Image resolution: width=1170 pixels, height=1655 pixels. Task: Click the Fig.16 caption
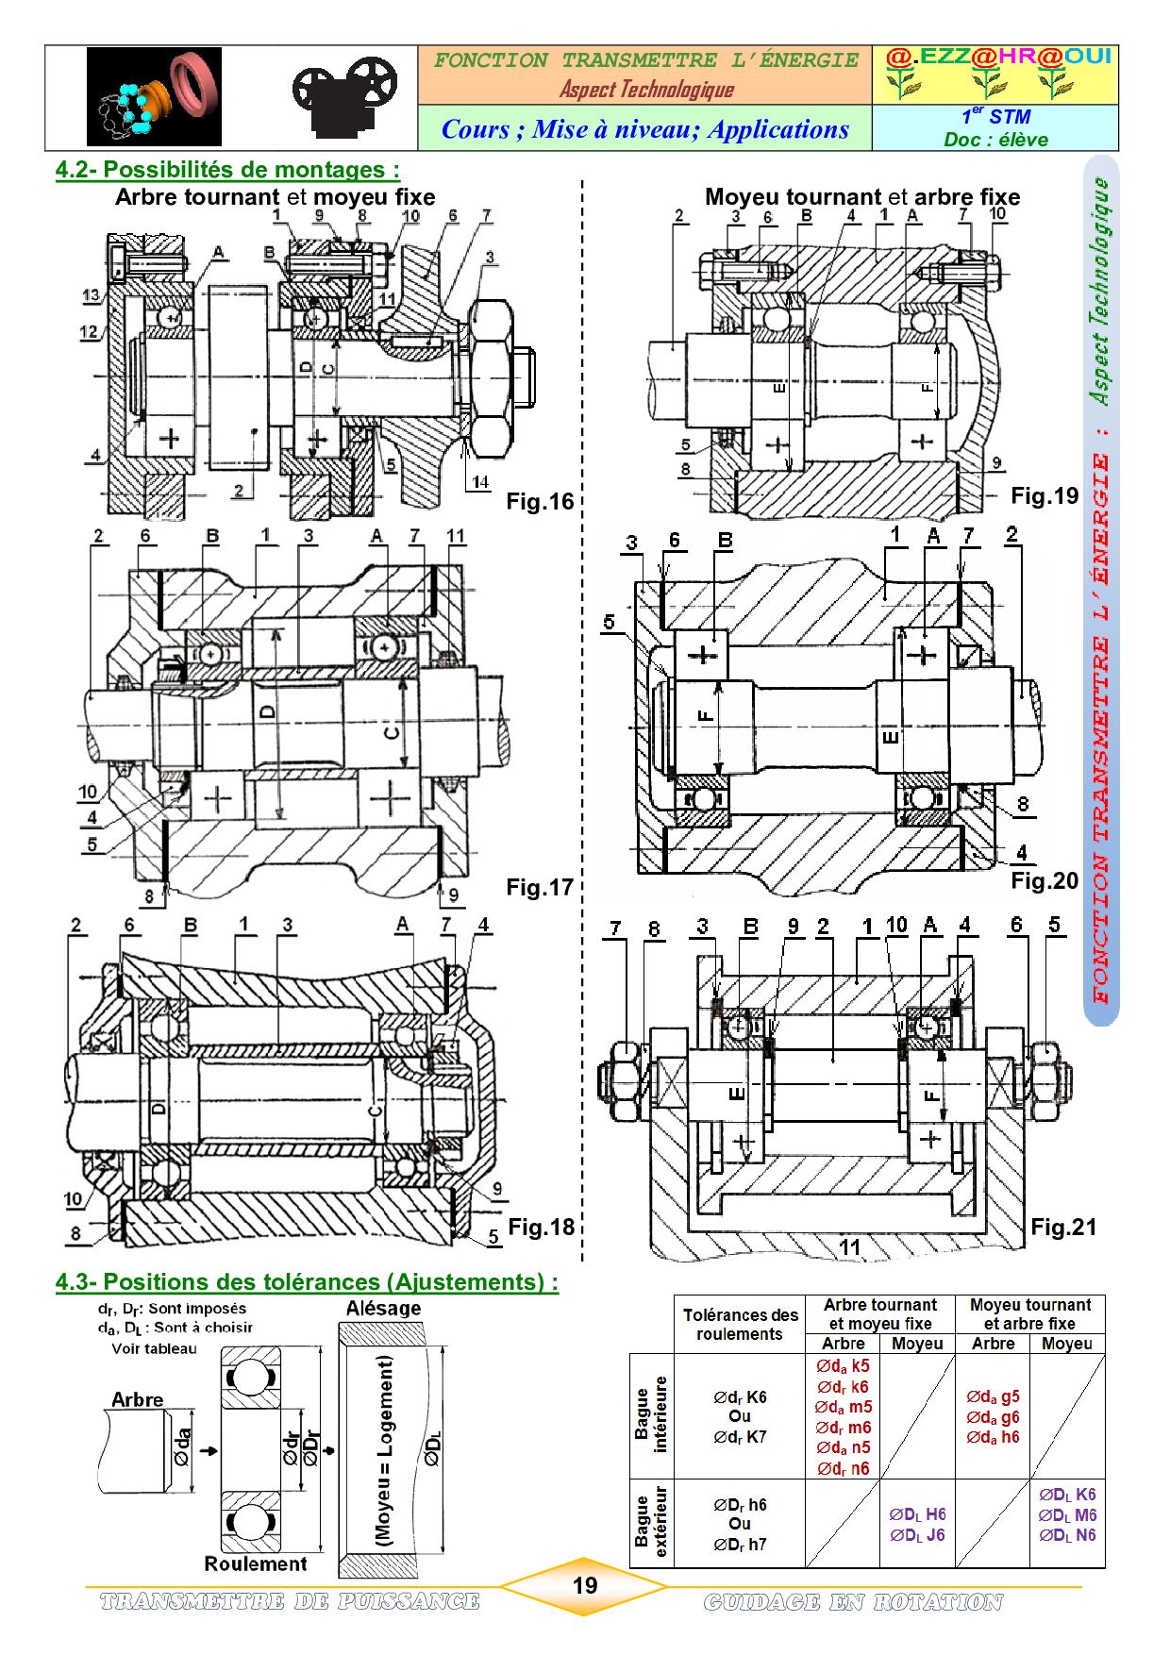tap(540, 502)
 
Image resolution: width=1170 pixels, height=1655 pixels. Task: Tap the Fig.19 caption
tap(1045, 496)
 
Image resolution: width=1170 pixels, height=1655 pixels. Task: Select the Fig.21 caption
tap(1063, 1227)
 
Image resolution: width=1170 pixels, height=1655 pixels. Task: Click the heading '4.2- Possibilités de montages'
tap(227, 170)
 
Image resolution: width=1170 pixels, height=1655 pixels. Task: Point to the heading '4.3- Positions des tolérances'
tap(307, 1281)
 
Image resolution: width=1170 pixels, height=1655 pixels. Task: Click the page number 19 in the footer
tap(585, 1585)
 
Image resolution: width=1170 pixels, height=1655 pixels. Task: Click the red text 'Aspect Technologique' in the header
tap(646, 90)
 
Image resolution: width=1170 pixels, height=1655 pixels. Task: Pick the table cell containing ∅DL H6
tap(917, 1525)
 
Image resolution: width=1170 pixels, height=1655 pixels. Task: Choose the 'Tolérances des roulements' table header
tap(741, 1324)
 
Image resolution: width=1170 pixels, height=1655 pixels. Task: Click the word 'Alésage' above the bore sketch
tap(383, 1309)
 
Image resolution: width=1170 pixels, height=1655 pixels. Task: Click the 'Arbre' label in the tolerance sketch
tap(138, 1400)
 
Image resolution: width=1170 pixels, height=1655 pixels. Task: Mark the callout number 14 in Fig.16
tap(480, 482)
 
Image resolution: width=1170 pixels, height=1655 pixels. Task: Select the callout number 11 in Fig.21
tap(850, 1247)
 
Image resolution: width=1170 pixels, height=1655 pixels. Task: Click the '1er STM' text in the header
tap(995, 117)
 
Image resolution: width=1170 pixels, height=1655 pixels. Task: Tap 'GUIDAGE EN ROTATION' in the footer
tap(853, 1602)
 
